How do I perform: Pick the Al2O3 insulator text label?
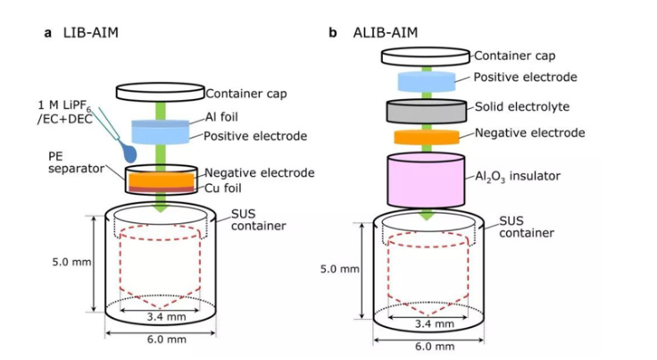517,177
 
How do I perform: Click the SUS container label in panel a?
258,219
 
